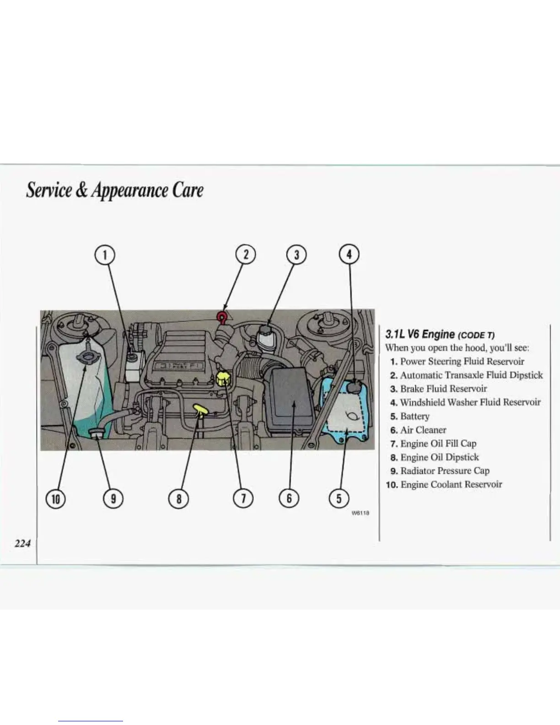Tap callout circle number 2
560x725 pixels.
pyautogui.click(x=246, y=254)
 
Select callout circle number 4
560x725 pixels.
pyautogui.click(x=349, y=254)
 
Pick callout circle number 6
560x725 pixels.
pyautogui.click(x=289, y=498)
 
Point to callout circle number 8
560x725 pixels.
pyautogui.click(x=179, y=498)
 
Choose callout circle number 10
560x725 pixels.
pyautogui.click(x=56, y=498)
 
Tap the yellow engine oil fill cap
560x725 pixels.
pyautogui.click(x=223, y=378)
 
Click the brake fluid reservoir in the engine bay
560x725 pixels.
pyautogui.click(x=265, y=337)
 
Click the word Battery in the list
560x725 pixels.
pyautogui.click(x=415, y=416)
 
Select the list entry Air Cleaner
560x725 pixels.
pyautogui.click(x=423, y=430)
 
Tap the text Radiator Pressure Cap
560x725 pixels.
pyautogui.click(x=444, y=471)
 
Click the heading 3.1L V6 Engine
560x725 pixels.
pyautogui.click(x=420, y=335)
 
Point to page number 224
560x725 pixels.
pyautogui.click(x=22, y=543)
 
